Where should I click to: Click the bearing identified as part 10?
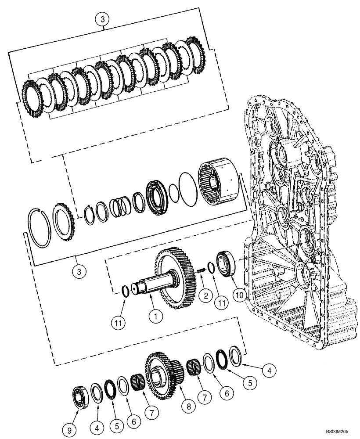coord(227,264)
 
